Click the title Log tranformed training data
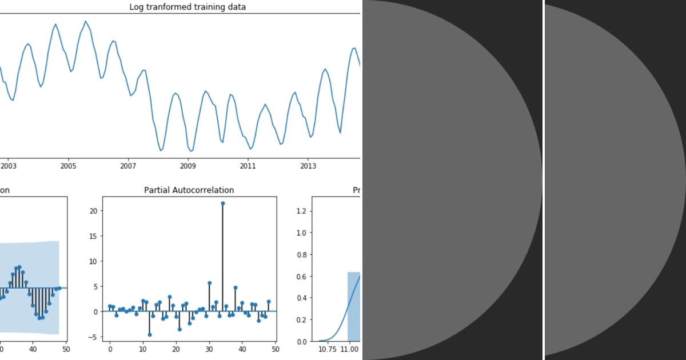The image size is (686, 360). click(188, 7)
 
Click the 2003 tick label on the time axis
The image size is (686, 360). click(9, 166)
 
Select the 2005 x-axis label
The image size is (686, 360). click(68, 166)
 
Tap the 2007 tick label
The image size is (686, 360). click(128, 166)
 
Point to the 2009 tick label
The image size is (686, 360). click(188, 166)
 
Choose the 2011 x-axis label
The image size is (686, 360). click(248, 166)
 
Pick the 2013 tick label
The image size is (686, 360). click(308, 166)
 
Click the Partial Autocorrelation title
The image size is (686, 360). click(189, 190)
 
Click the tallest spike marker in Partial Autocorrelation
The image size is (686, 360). click(222, 203)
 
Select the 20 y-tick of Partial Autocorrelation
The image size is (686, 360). click(95, 211)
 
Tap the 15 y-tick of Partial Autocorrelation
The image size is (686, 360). click(95, 236)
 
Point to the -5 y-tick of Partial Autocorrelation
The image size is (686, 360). click(94, 337)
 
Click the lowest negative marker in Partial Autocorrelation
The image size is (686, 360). click(150, 334)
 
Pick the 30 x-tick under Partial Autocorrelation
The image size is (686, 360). click(209, 349)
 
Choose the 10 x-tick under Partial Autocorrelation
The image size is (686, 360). click(143, 349)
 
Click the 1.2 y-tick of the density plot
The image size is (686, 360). click(305, 211)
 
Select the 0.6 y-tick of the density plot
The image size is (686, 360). click(305, 277)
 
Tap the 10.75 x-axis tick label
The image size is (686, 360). click(326, 349)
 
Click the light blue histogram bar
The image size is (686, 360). click(354, 309)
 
